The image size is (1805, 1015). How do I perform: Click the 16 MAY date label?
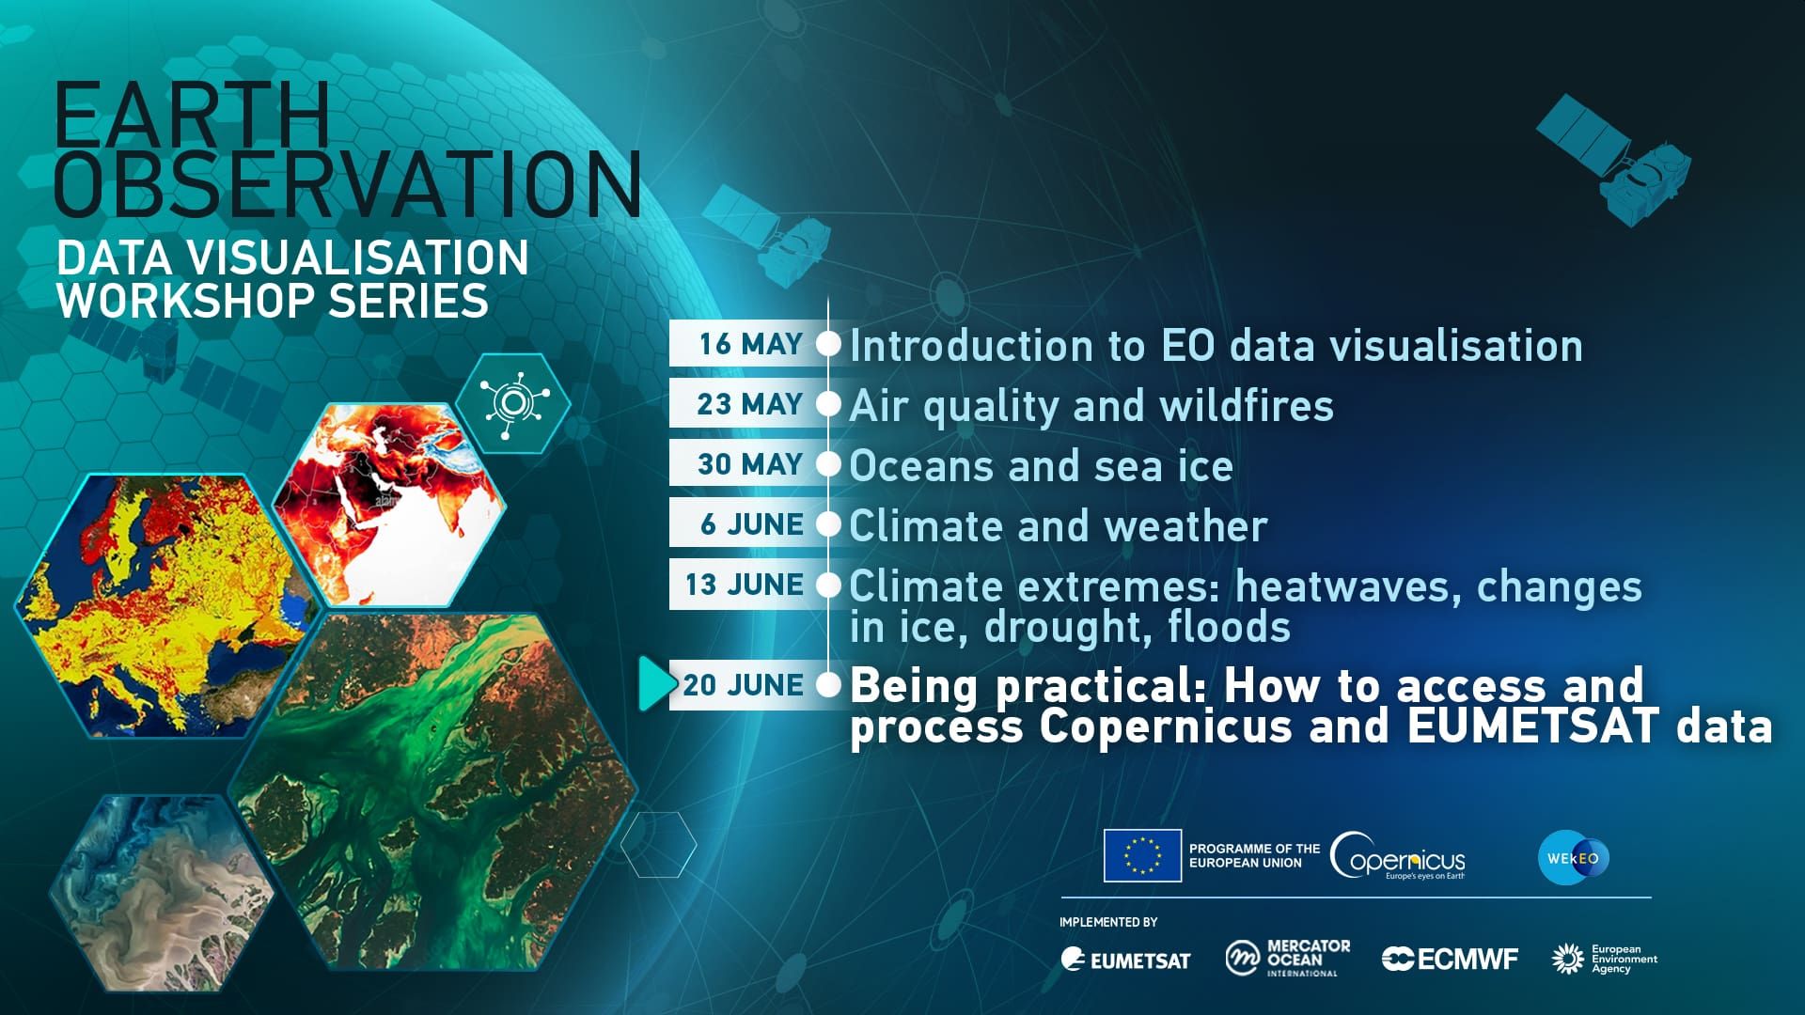pos(750,344)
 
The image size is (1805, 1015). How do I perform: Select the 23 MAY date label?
pos(749,404)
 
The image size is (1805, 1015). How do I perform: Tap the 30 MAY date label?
pos(749,464)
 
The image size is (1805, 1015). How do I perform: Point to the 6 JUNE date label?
pos(751,524)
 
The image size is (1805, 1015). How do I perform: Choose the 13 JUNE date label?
pos(744,585)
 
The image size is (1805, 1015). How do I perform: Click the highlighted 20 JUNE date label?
pos(743,685)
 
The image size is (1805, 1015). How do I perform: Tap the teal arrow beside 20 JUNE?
pos(656,683)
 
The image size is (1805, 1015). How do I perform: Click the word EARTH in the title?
pos(193,114)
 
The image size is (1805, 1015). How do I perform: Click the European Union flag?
pos(1142,855)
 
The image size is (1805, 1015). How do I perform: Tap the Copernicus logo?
pos(1398,856)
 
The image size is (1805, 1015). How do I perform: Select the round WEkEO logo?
pos(1574,857)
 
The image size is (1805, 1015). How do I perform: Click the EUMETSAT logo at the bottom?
pos(1125,960)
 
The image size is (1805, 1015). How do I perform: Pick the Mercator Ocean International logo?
pos(1287,959)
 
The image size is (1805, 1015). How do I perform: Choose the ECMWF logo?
pos(1450,959)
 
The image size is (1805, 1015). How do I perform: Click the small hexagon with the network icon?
pos(513,403)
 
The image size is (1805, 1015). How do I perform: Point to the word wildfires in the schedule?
pos(1247,406)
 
